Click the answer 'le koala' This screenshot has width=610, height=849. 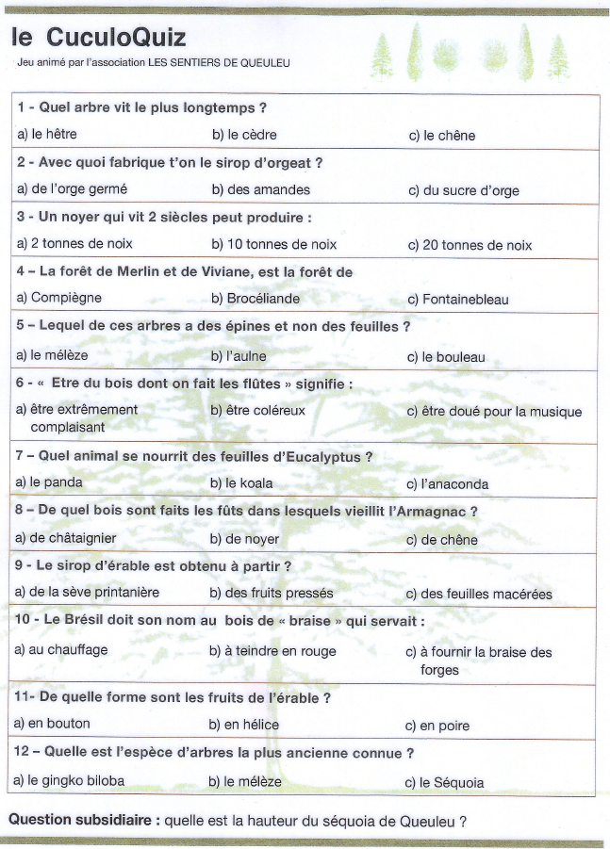point(241,482)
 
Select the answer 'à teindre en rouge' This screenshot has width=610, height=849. point(272,650)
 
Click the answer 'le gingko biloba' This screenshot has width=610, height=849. point(70,780)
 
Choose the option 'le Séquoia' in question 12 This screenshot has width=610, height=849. point(444,782)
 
